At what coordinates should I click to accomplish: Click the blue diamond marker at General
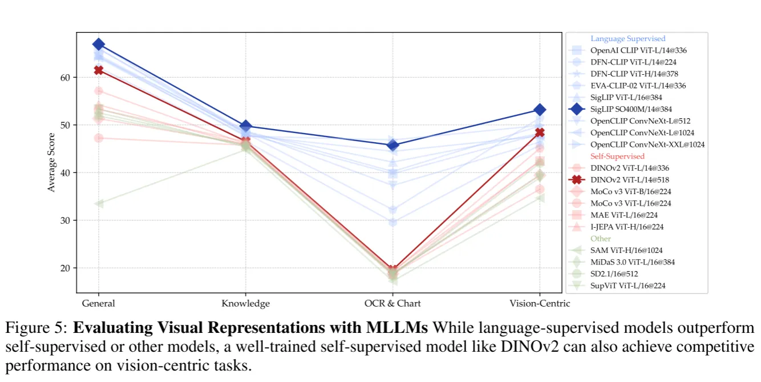[x=99, y=45]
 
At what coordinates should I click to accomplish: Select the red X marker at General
[x=99, y=70]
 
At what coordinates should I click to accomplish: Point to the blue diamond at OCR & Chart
[x=392, y=146]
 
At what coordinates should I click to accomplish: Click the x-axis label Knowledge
[x=245, y=304]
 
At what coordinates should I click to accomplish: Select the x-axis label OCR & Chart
[x=392, y=304]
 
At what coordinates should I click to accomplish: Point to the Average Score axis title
[x=52, y=162]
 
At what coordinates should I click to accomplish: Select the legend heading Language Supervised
[x=628, y=39]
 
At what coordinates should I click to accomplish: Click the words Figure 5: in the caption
[x=37, y=328]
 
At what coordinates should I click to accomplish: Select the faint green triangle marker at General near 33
[x=99, y=204]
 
